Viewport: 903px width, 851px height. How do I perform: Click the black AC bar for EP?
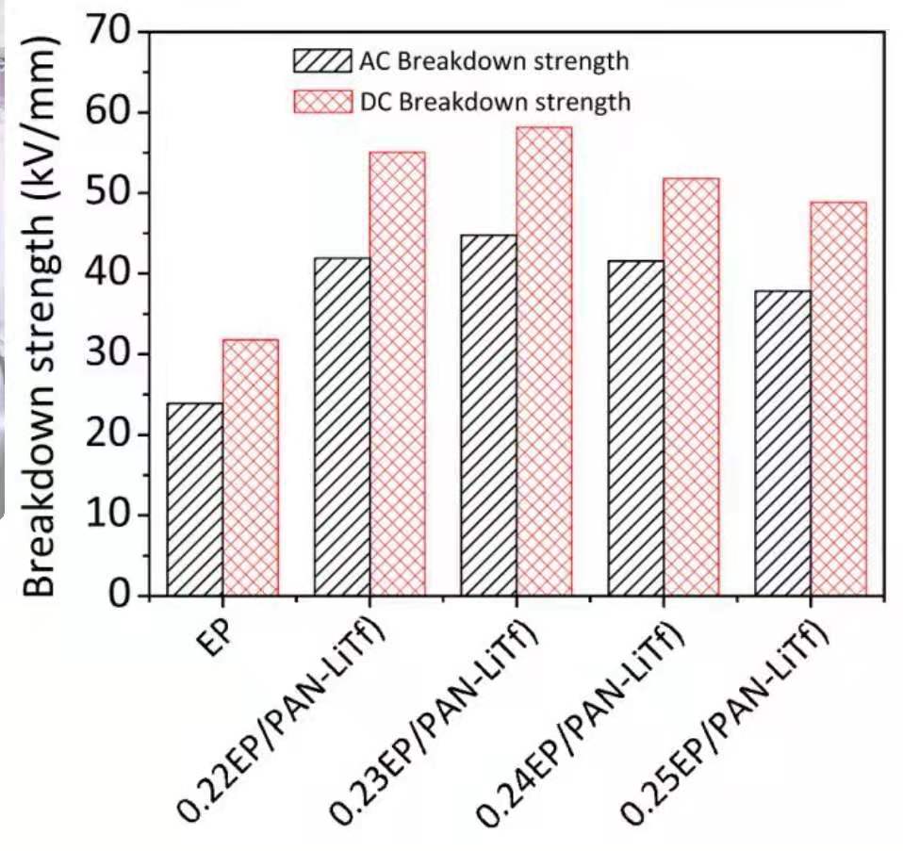[x=195, y=499]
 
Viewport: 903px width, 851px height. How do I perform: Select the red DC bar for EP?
[x=251, y=467]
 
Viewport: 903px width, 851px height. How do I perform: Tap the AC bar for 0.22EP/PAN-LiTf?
[x=342, y=427]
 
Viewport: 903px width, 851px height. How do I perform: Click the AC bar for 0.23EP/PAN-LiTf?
[x=489, y=416]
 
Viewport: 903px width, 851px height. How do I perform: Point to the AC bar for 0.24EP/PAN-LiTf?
[x=636, y=428]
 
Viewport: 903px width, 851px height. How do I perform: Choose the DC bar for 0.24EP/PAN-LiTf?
[x=691, y=386]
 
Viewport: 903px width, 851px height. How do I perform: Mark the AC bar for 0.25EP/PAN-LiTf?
[x=783, y=443]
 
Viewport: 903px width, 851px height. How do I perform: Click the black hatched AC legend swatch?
[x=321, y=62]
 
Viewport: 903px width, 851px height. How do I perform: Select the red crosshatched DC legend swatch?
[x=321, y=101]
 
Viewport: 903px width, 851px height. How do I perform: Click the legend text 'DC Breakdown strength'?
[x=494, y=102]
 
